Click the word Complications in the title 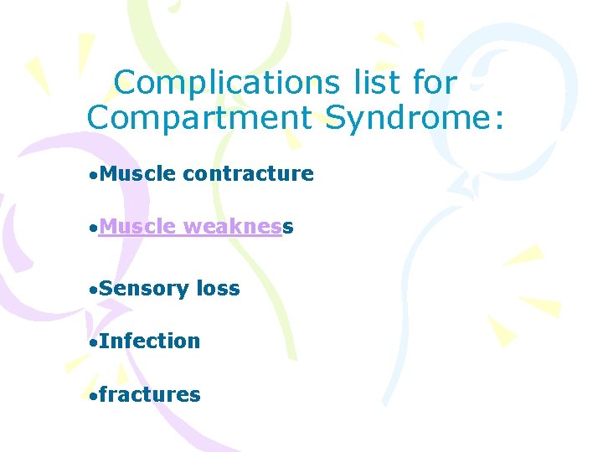tap(224, 83)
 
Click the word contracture tap(248, 174)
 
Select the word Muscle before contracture tap(137, 174)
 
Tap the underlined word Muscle tap(137, 227)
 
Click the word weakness tap(238, 227)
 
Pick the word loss tap(218, 289)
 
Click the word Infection tap(149, 342)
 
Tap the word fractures tap(149, 394)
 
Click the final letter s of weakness tap(288, 228)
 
